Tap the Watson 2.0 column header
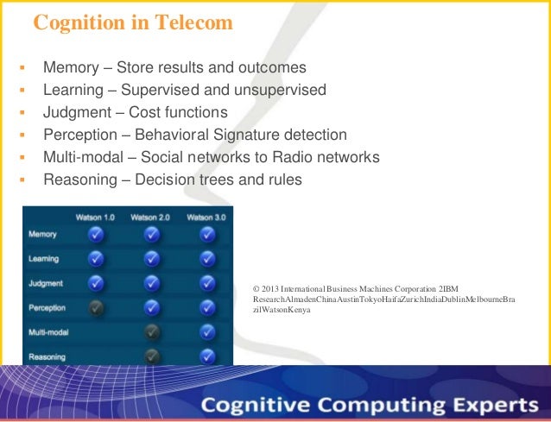click(x=151, y=217)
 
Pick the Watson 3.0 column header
click(x=206, y=217)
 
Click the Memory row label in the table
click(x=43, y=234)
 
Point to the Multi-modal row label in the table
click(x=48, y=331)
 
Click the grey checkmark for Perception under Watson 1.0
click(x=96, y=306)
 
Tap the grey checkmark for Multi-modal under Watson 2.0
click(x=151, y=331)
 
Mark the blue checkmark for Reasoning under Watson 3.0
click(x=206, y=355)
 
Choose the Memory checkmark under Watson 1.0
click(x=96, y=234)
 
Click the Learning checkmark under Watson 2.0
click(x=151, y=258)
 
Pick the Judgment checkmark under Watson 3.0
click(x=206, y=282)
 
